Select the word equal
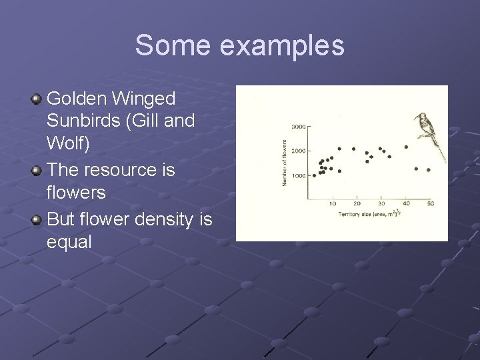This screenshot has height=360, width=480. pyautogui.click(x=69, y=243)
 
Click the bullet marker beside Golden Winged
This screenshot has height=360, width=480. pyautogui.click(x=36, y=99)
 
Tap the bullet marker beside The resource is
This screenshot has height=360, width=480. pyautogui.click(x=36, y=171)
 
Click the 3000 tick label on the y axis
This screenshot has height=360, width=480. pyautogui.click(x=297, y=127)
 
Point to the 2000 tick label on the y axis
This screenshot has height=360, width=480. pyautogui.click(x=297, y=151)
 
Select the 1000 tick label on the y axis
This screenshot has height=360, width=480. pyautogui.click(x=297, y=176)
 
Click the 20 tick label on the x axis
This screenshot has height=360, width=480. pyautogui.click(x=357, y=204)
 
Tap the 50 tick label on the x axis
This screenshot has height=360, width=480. pyautogui.click(x=430, y=204)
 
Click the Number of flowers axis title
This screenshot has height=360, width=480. pyautogui.click(x=285, y=162)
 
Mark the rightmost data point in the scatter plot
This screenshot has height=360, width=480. pyautogui.click(x=428, y=170)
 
